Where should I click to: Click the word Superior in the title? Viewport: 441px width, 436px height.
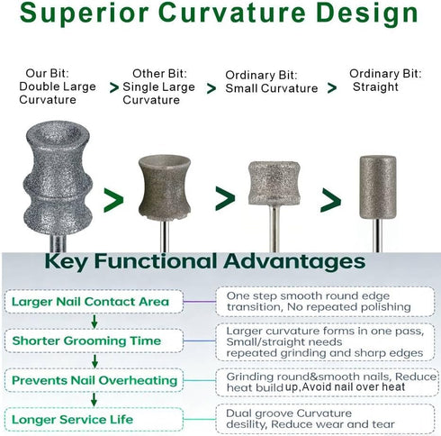[x=85, y=14]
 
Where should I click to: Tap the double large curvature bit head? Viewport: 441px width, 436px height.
[x=58, y=177]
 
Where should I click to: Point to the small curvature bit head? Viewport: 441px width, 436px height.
[x=274, y=183]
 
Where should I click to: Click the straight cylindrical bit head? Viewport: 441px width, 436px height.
[x=378, y=187]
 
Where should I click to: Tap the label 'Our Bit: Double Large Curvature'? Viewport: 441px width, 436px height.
[x=58, y=86]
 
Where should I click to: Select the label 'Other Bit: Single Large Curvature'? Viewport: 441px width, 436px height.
[x=158, y=86]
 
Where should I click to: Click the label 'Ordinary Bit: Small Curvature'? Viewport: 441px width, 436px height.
[x=272, y=82]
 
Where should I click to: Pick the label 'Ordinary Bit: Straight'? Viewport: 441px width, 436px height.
[x=385, y=80]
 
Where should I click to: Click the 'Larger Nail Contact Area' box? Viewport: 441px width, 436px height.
[x=94, y=302]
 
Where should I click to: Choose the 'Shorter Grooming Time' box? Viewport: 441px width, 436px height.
[x=94, y=341]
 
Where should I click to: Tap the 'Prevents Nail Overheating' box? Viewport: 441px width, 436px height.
[x=94, y=380]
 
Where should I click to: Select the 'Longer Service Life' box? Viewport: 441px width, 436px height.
[x=94, y=419]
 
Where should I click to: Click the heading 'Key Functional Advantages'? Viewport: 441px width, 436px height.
[x=205, y=261]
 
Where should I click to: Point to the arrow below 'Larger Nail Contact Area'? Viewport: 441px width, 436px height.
[x=94, y=322]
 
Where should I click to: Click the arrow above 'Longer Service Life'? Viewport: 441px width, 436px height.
[x=94, y=400]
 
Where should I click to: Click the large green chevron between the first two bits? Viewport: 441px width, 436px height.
[x=113, y=200]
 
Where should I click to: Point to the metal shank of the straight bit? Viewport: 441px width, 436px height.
[x=378, y=236]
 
